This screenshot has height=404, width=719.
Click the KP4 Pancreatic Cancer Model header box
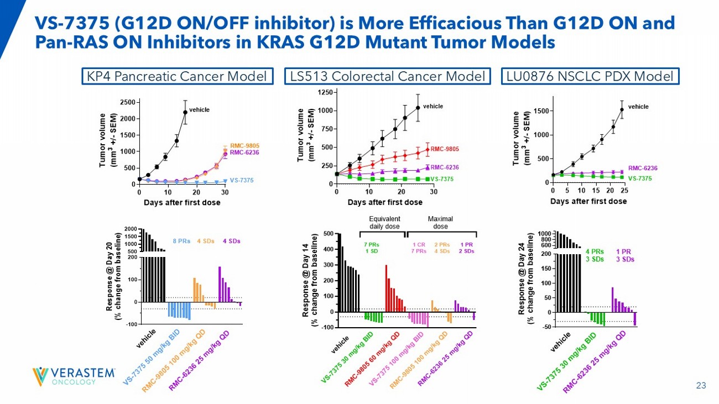(178, 76)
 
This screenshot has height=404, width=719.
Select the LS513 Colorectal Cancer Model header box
(387, 76)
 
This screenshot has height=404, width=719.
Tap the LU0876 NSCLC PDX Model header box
(590, 76)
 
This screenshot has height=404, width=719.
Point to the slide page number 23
(701, 386)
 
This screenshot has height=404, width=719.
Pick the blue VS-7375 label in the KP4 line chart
(241, 180)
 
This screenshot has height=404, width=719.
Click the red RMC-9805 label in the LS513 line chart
(445, 149)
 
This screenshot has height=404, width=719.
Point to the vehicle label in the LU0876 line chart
(638, 107)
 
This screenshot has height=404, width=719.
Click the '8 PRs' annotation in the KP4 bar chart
(182, 241)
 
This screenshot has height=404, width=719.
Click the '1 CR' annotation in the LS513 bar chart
(419, 244)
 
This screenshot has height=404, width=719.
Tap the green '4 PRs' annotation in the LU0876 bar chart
(595, 251)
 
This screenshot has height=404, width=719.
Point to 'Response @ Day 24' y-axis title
(522, 280)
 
